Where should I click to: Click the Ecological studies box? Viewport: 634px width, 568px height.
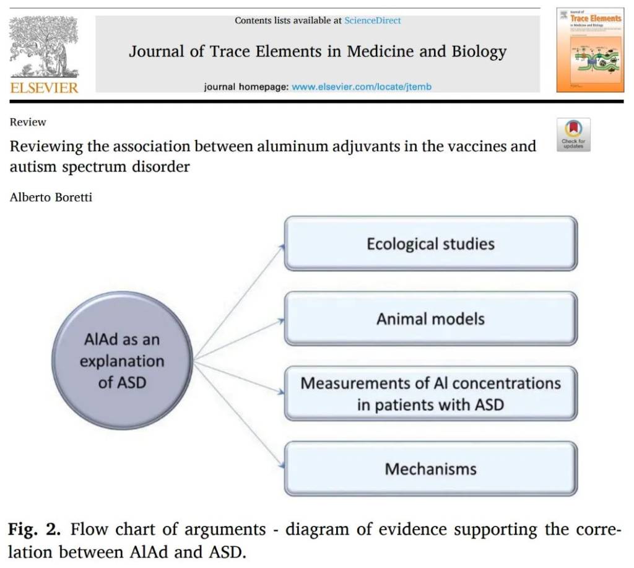coord(430,243)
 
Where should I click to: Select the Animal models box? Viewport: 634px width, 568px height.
coord(430,319)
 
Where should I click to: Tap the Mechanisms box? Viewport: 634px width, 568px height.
coord(430,468)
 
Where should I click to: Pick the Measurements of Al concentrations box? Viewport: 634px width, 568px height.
coord(430,394)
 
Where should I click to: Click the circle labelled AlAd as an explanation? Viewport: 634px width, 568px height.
coord(122,361)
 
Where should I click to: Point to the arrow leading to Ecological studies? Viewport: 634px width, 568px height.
coord(238,302)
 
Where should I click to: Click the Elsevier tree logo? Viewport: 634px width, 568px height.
coord(44,46)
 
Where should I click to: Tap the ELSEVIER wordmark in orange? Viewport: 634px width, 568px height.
coord(44,87)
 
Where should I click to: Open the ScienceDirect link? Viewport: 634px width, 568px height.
coord(372,20)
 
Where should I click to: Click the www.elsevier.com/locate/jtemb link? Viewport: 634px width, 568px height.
coord(362,87)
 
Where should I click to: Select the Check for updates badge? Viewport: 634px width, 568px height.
coord(573,134)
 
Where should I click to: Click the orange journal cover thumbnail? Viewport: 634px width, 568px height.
coord(589,50)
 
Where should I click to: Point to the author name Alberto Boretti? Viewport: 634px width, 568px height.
coord(51,198)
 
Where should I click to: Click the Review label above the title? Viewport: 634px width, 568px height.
coord(28,122)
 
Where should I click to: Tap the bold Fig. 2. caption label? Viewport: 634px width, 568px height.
coord(34,530)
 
